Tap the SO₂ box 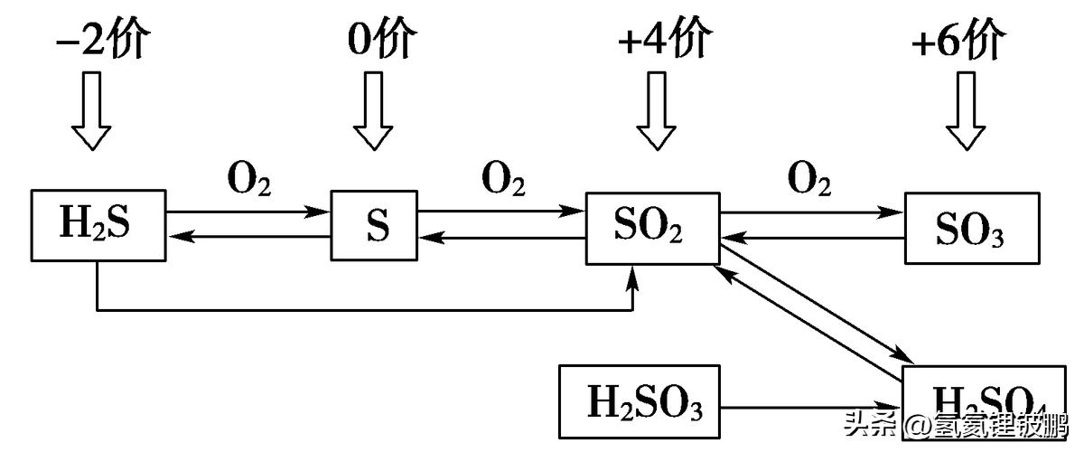click(652, 228)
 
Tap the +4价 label click(666, 41)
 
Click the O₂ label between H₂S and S click(248, 182)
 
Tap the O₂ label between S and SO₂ click(503, 182)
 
